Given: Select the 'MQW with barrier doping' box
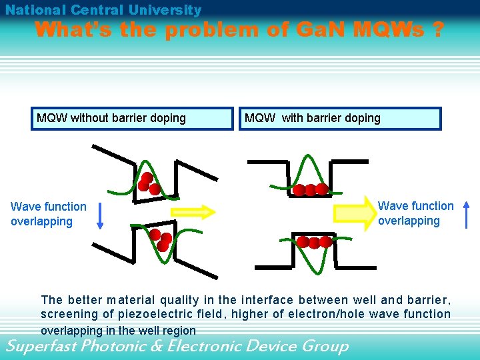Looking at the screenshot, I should coord(340,119).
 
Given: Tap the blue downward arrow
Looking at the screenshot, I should coord(100,215).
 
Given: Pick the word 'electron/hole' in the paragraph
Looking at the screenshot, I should coord(331,313).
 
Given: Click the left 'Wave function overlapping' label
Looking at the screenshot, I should coord(48,214).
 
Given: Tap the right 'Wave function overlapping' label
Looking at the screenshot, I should coord(415,213).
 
